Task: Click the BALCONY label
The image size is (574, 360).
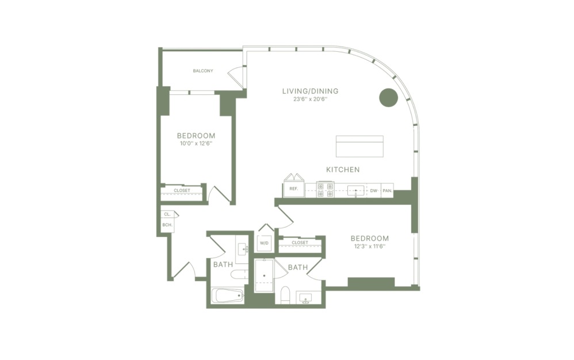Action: tap(202, 71)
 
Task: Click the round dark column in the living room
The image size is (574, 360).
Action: tap(388, 98)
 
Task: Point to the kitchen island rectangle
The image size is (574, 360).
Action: tap(359, 146)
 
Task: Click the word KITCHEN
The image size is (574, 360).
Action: tap(343, 170)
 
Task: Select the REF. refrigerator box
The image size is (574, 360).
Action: tap(293, 189)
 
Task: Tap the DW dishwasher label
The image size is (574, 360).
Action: tap(373, 190)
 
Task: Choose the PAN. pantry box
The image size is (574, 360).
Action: tap(387, 190)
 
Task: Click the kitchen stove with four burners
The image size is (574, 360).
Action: tap(326, 190)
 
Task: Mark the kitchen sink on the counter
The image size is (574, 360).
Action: tap(355, 190)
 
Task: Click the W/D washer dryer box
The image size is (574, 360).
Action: tap(265, 243)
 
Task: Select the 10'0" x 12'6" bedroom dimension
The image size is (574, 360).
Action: tap(196, 144)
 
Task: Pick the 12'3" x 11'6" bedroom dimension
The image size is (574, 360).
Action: tap(369, 247)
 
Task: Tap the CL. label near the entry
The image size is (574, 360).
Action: tap(167, 214)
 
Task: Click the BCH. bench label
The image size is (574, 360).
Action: tap(167, 225)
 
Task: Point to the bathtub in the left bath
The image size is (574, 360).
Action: tap(228, 296)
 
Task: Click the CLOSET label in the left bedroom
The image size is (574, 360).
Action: tap(182, 190)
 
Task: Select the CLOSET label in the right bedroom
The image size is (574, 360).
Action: tap(300, 243)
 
